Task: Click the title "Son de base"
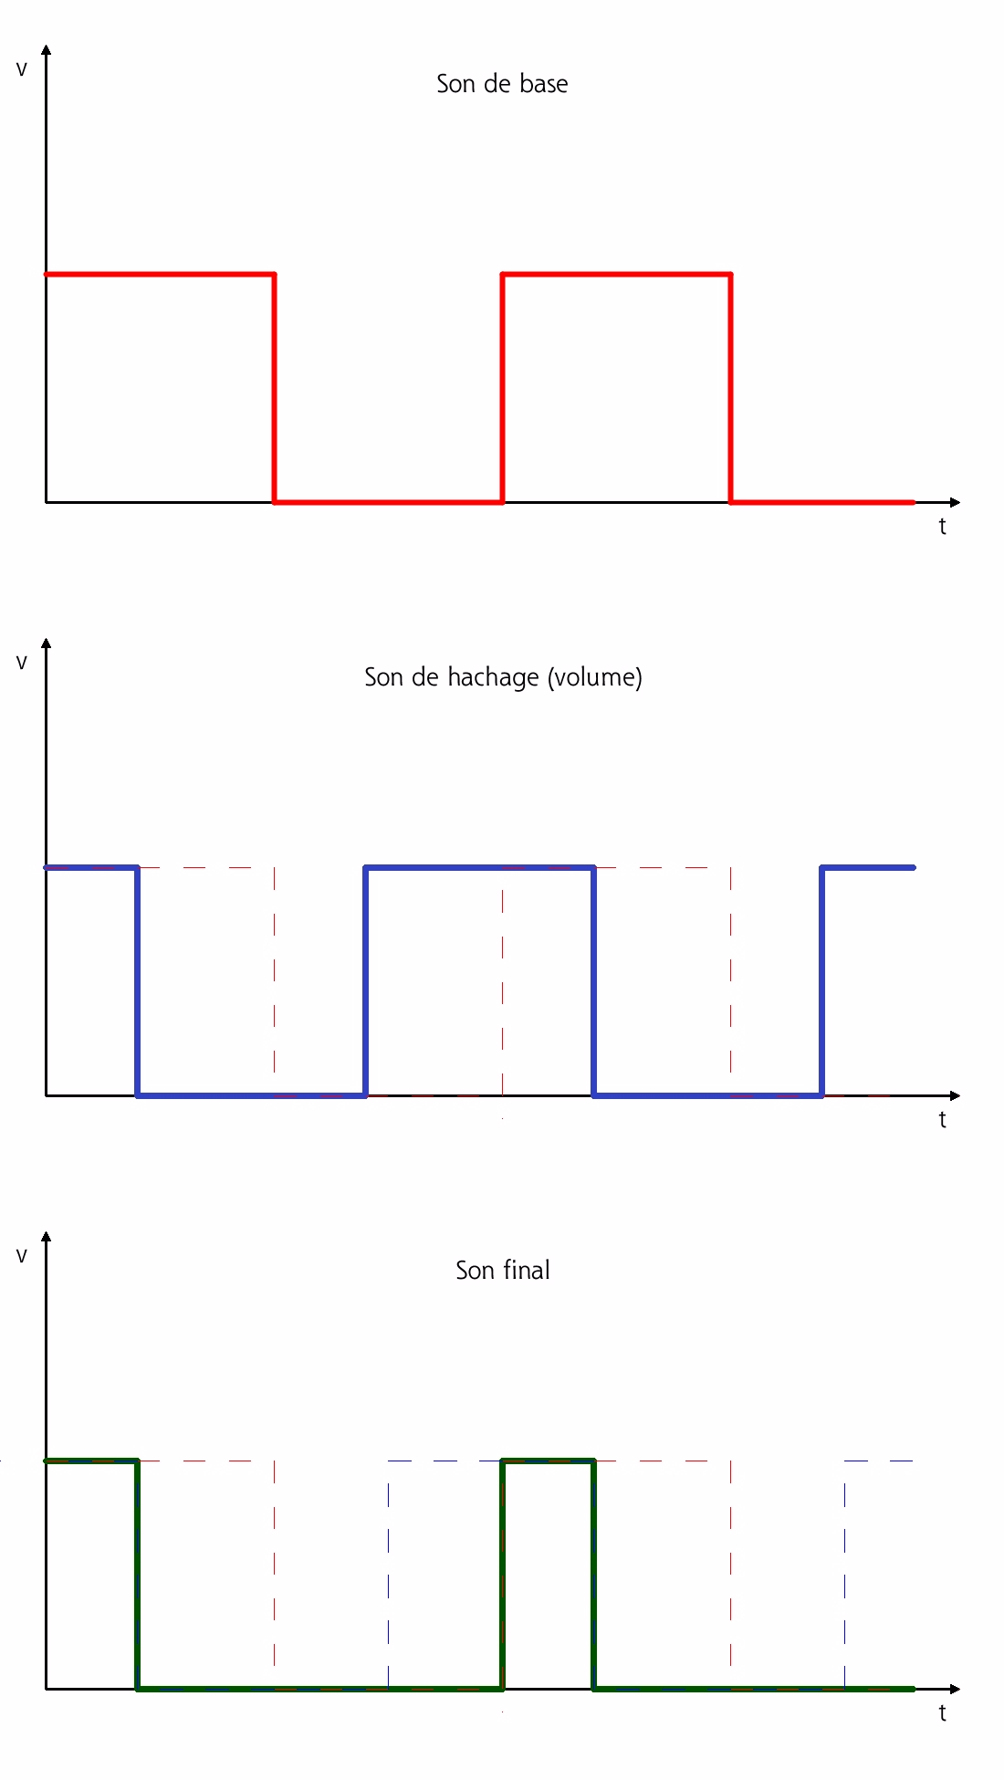pyautogui.click(x=502, y=84)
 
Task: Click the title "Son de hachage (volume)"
pyautogui.click(x=503, y=677)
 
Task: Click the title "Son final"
pyautogui.click(x=502, y=1271)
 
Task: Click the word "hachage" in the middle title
pyautogui.click(x=493, y=677)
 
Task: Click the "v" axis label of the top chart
pyautogui.click(x=22, y=69)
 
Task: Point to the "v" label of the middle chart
pyautogui.click(x=22, y=663)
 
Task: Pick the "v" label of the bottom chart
pyautogui.click(x=22, y=1256)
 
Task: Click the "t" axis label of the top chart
pyautogui.click(x=942, y=527)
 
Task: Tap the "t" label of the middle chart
pyautogui.click(x=942, y=1120)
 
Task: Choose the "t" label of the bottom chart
pyautogui.click(x=942, y=1713)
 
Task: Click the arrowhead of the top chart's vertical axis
pyautogui.click(x=47, y=49)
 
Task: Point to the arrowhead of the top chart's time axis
pyautogui.click(x=955, y=502)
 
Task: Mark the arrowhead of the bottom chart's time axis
pyautogui.click(x=955, y=1689)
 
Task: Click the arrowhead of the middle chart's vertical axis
pyautogui.click(x=47, y=643)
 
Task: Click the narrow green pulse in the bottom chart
pyautogui.click(x=548, y=1461)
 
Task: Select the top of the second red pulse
pyautogui.click(x=617, y=274)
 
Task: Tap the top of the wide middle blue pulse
pyautogui.click(x=479, y=867)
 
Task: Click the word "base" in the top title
pyautogui.click(x=544, y=84)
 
